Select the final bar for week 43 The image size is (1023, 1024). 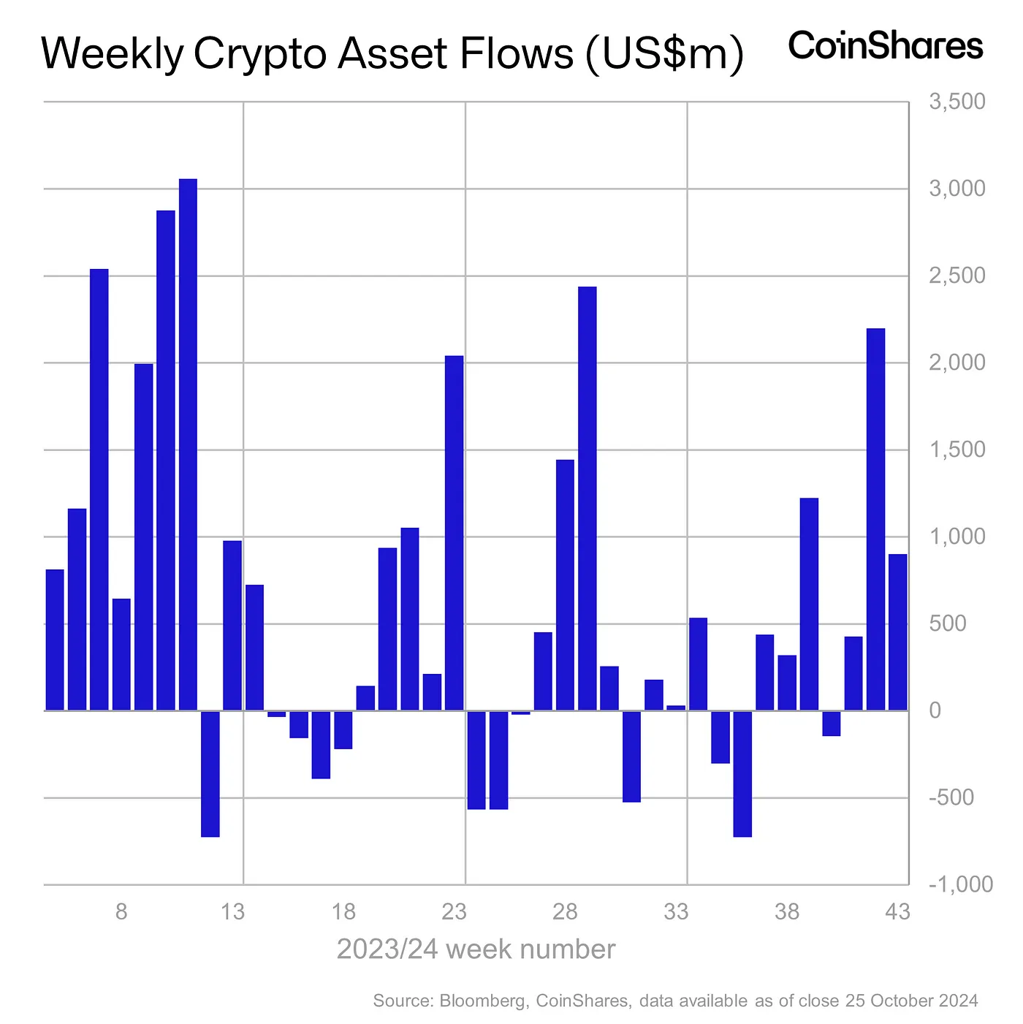(897, 632)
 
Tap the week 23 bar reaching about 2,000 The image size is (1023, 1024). (454, 533)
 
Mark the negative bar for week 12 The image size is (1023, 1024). (210, 773)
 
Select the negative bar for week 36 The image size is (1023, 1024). (742, 773)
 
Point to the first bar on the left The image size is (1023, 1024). (55, 640)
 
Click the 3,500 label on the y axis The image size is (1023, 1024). (957, 102)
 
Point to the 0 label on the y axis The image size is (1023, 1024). (935, 710)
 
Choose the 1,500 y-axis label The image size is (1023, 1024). (957, 450)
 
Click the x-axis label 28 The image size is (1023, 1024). (565, 911)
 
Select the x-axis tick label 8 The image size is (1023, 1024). (121, 911)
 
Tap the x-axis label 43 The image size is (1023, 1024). (897, 911)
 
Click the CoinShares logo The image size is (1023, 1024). (885, 46)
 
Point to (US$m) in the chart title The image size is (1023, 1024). (663, 55)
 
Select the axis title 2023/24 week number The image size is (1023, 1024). (476, 949)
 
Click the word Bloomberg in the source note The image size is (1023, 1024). (483, 1001)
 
